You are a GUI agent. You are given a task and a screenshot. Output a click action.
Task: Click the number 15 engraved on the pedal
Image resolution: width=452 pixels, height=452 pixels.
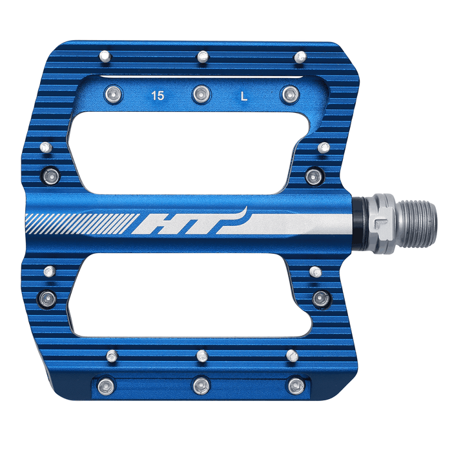click(157, 96)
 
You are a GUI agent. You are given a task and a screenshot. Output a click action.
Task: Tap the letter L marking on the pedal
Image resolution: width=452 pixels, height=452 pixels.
click(243, 97)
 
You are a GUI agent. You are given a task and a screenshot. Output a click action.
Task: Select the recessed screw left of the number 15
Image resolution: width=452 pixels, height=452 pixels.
click(114, 94)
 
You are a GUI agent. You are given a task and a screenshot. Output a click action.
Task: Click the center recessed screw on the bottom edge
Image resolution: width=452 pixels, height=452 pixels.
click(200, 385)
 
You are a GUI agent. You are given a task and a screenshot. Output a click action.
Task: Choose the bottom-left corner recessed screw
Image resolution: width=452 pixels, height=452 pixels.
click(105, 385)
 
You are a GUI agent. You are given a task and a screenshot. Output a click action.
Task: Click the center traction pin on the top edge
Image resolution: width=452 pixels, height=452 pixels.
click(202, 57)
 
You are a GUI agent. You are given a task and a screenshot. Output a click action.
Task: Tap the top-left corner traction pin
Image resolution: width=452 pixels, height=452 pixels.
click(106, 57)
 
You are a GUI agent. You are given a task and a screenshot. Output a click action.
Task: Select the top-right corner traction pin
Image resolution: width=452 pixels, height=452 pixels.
click(299, 57)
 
